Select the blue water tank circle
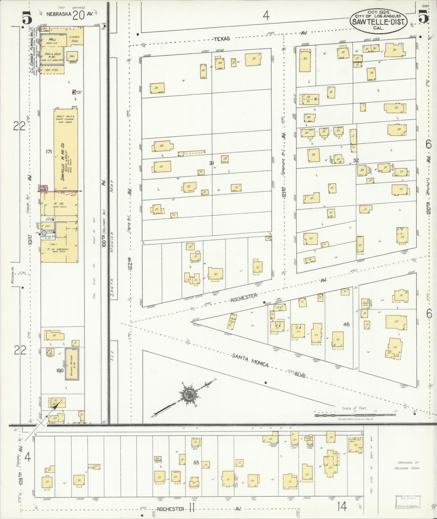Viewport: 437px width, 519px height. tap(44, 233)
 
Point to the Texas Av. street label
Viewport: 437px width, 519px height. tap(222, 39)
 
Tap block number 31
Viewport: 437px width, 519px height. tap(212, 163)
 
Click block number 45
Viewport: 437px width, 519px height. tap(346, 324)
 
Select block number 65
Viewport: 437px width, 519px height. tap(196, 462)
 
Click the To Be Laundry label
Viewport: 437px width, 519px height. tap(58, 249)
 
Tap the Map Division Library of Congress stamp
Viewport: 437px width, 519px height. tap(408, 502)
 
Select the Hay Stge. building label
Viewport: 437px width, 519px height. tap(52, 70)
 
